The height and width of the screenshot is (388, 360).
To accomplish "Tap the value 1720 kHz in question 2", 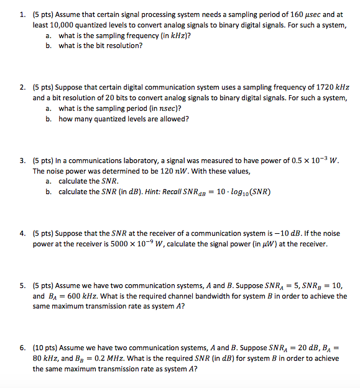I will tap(331, 87).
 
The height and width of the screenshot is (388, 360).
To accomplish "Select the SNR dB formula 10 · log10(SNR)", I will tap(241, 192).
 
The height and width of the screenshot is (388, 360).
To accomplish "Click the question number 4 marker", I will tap(22, 233).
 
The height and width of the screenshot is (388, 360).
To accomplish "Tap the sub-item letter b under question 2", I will tap(48, 119).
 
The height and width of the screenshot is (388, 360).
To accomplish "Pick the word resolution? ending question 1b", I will tap(125, 46).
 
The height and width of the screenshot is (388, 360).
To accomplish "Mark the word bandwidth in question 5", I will tap(187, 296).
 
